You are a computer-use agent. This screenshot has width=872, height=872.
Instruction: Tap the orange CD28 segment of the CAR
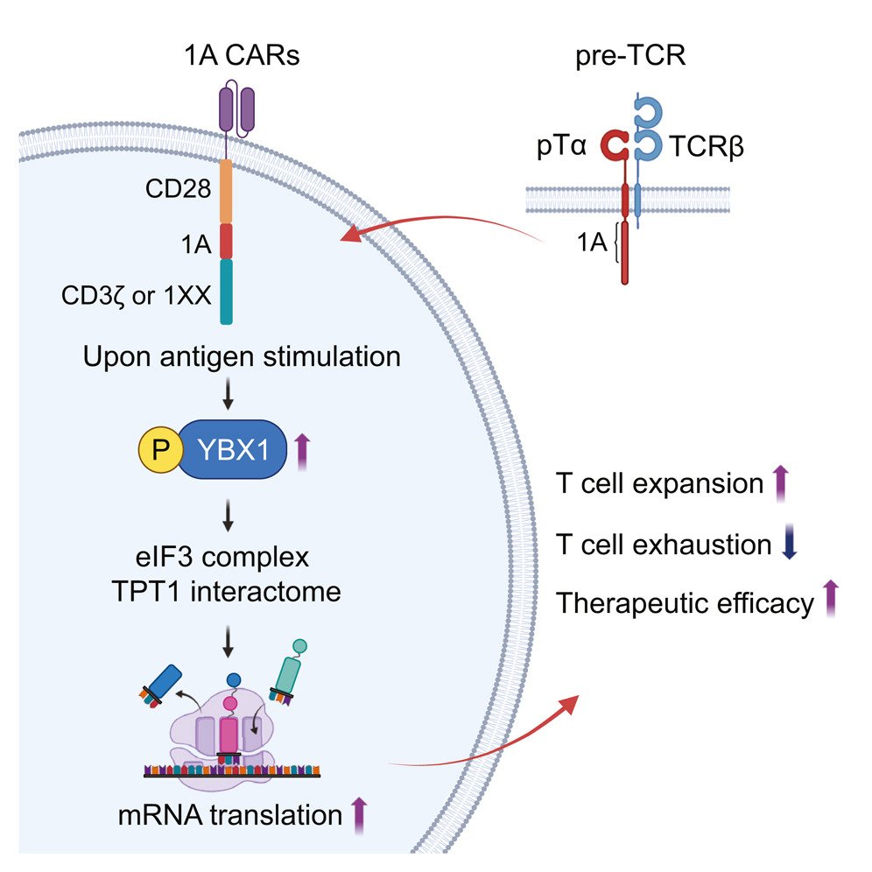coord(225,191)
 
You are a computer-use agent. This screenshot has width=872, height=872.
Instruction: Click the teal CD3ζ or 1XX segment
coord(225,291)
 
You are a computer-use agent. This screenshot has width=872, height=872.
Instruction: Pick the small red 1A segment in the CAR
coord(225,241)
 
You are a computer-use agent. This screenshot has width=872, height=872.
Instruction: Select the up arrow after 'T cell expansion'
coord(782,484)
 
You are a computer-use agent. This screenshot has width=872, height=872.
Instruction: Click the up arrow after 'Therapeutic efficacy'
coord(831,601)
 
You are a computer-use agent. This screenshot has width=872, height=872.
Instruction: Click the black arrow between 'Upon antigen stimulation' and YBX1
coord(228,398)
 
